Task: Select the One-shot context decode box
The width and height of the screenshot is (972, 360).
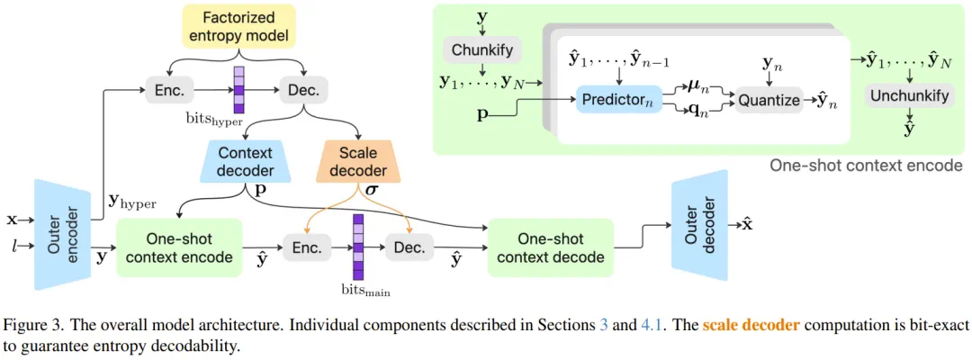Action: click(551, 247)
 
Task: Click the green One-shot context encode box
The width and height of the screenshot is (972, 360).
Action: click(178, 247)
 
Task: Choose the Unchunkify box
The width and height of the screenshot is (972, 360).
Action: click(909, 96)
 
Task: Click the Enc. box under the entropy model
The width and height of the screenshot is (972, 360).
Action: click(169, 90)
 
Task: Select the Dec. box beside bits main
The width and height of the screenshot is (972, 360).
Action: click(409, 248)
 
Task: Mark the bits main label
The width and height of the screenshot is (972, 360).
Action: click(368, 290)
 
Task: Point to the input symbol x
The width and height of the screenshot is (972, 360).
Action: click(11, 220)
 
